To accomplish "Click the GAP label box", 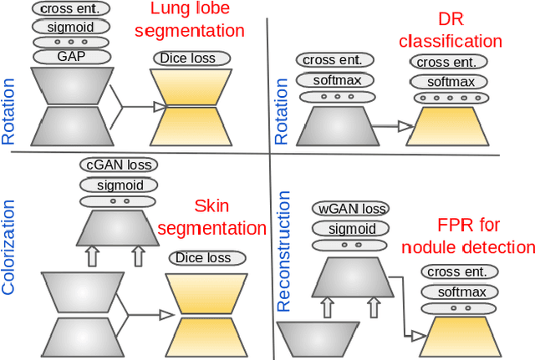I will [71, 57].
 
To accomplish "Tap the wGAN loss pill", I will [349, 208].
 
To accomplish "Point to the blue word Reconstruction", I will [284, 251].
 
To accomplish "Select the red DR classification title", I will [450, 30].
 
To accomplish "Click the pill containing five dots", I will [451, 97].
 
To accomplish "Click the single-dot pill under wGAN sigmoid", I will [349, 246].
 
